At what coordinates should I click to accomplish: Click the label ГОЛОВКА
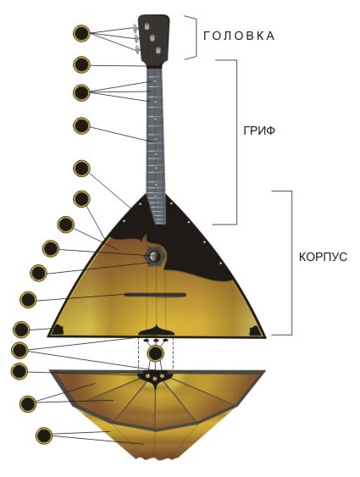pyautogui.click(x=239, y=36)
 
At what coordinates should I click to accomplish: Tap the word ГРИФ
pyautogui.click(x=259, y=130)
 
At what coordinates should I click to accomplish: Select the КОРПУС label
pyautogui.click(x=323, y=257)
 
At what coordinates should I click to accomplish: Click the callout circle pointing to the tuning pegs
pyautogui.click(x=82, y=33)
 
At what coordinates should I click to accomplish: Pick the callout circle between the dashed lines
pyautogui.click(x=156, y=353)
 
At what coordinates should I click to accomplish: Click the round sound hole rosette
pyautogui.click(x=155, y=256)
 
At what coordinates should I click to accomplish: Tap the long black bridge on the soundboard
pyautogui.click(x=155, y=295)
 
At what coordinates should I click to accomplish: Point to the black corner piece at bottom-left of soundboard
pyautogui.click(x=57, y=330)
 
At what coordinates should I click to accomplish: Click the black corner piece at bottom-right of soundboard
pyautogui.click(x=256, y=331)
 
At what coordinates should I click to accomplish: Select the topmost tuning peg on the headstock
pyautogui.click(x=135, y=29)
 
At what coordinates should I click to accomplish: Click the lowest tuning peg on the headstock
pyautogui.click(x=137, y=49)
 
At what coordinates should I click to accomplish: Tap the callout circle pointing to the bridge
pyautogui.click(x=28, y=300)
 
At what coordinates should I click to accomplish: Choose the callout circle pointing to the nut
pyautogui.click(x=82, y=64)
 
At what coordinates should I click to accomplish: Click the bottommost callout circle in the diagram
pyautogui.click(x=44, y=435)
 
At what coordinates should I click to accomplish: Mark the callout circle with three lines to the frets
pyautogui.click(x=82, y=92)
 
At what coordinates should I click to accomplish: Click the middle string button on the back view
pyautogui.click(x=155, y=379)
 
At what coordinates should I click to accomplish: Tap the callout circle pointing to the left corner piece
pyautogui.click(x=21, y=330)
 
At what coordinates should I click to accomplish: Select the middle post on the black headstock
pyautogui.click(x=152, y=38)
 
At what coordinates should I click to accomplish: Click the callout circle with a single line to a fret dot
pyautogui.click(x=82, y=125)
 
